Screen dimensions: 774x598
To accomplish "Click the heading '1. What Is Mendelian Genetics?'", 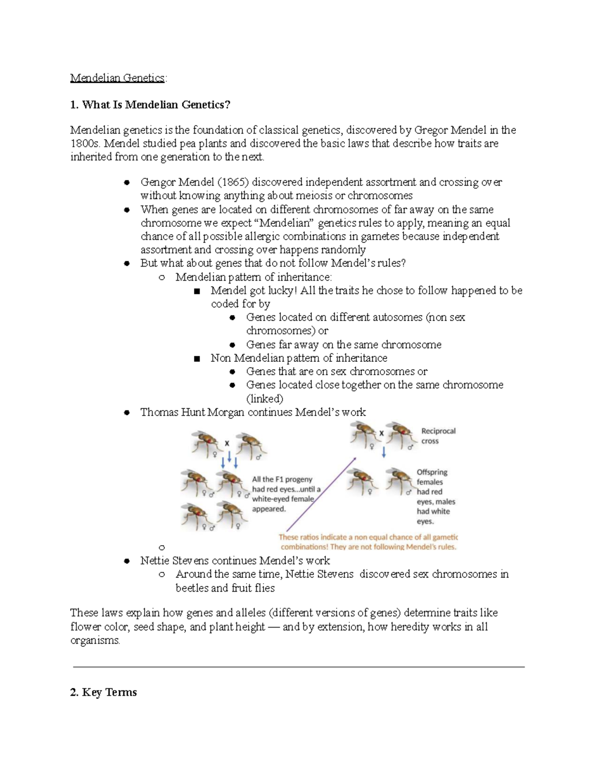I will pyautogui.click(x=150, y=105).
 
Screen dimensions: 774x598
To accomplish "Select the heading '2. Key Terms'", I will pyautogui.click(x=103, y=692).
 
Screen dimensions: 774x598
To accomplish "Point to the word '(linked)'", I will pyautogui.click(x=265, y=399).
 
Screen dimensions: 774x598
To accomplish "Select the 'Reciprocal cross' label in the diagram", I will pyautogui.click(x=438, y=436).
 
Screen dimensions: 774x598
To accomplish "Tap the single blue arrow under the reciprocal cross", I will pyautogui.click(x=384, y=452).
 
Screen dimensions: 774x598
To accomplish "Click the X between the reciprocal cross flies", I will pyautogui.click(x=382, y=434).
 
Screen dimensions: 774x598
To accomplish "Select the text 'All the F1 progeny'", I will pyautogui.click(x=282, y=479).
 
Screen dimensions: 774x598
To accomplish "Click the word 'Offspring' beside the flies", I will pyautogui.click(x=432, y=472).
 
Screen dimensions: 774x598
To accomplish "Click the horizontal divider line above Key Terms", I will pyautogui.click(x=299, y=666).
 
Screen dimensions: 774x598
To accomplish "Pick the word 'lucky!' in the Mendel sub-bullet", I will pyautogui.click(x=282, y=291).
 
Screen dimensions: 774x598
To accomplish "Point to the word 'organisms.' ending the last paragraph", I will pyautogui.click(x=95, y=640).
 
